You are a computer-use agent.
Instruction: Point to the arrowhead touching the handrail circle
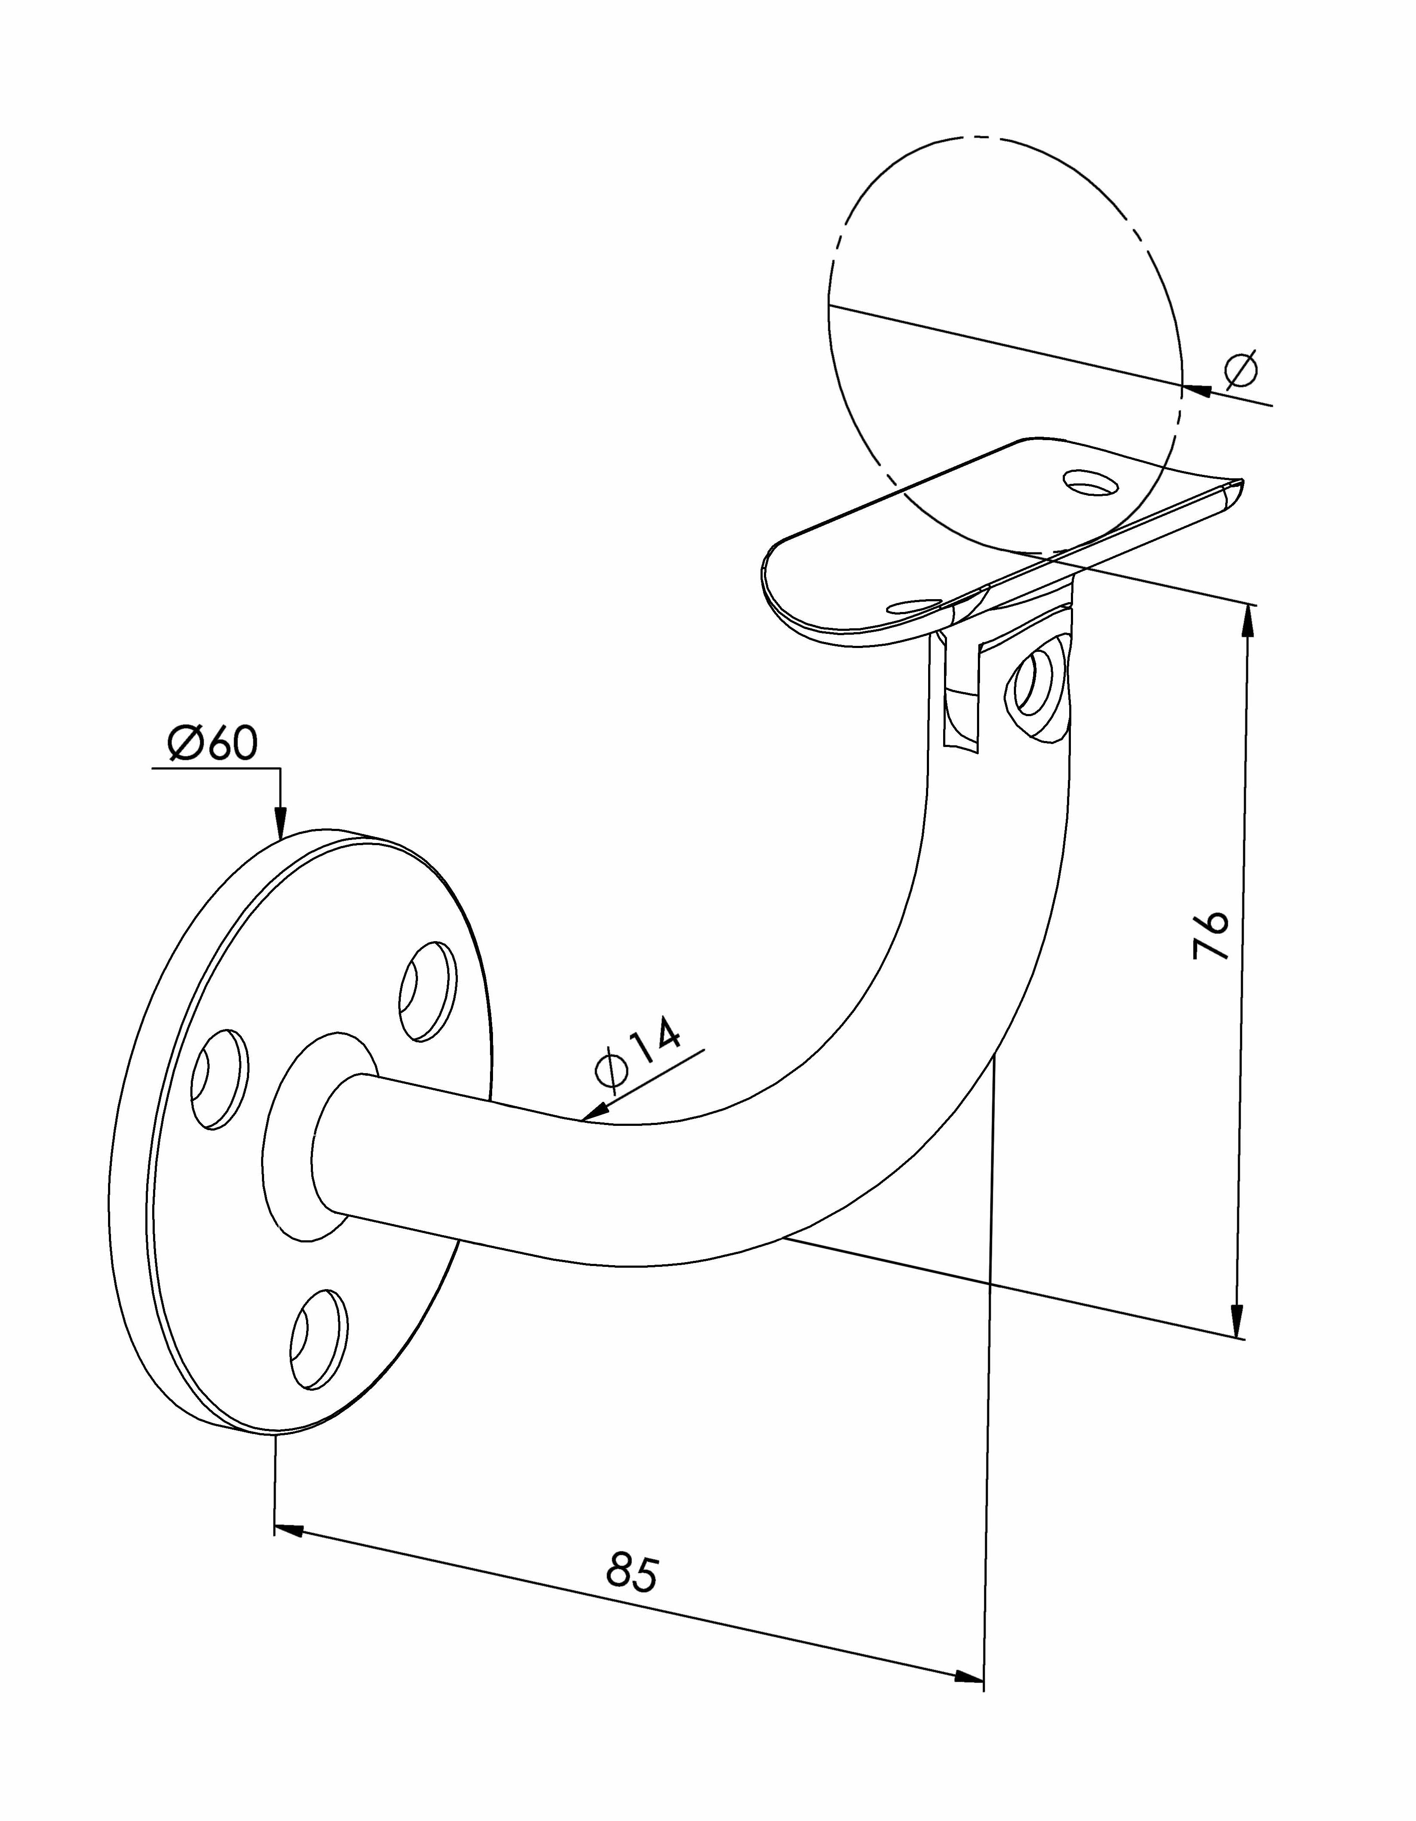1197,390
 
